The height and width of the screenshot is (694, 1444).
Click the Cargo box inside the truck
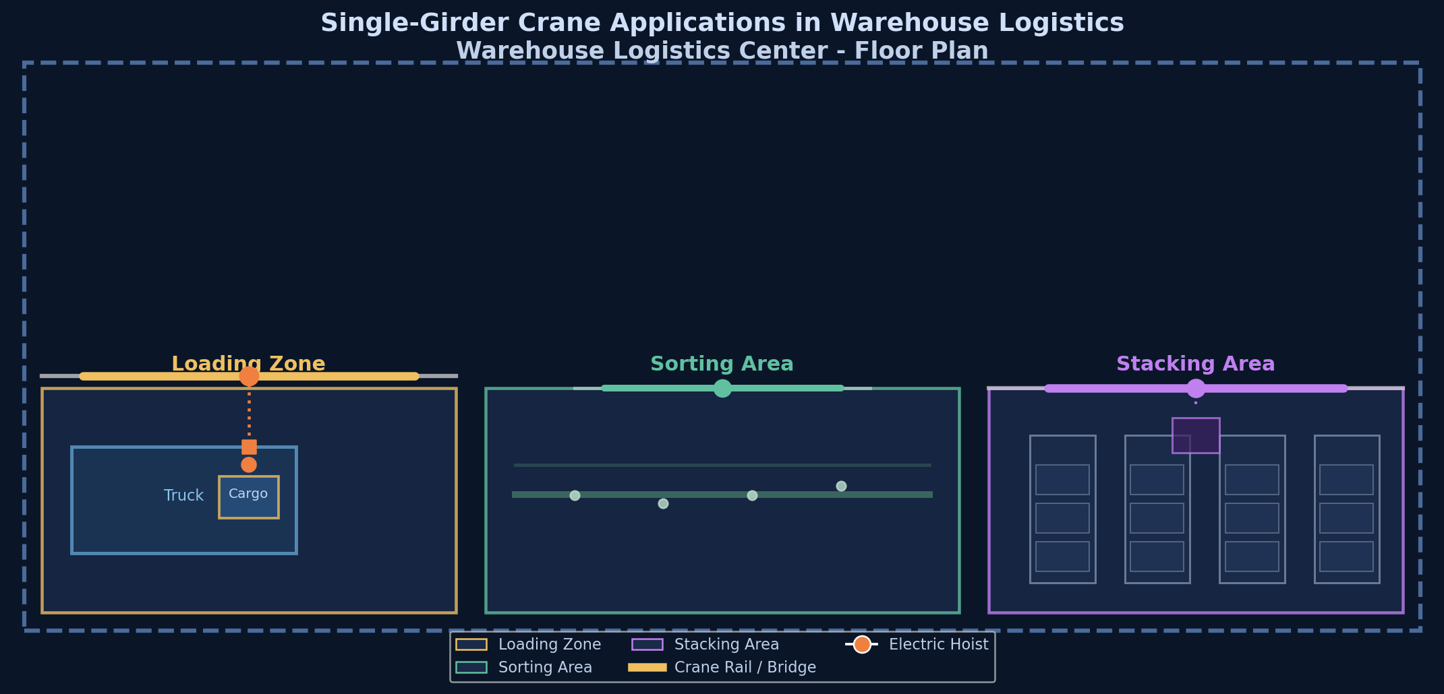(x=248, y=497)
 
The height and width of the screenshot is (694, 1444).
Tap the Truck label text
(x=183, y=496)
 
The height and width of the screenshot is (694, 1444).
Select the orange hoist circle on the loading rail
(x=249, y=376)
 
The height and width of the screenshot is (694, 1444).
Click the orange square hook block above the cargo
(x=249, y=447)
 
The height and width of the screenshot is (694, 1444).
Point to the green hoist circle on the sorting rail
(x=722, y=388)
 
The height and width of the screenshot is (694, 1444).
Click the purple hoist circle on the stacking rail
(x=1196, y=388)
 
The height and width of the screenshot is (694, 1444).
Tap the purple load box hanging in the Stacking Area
(x=1196, y=435)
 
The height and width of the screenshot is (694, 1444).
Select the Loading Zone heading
(x=248, y=364)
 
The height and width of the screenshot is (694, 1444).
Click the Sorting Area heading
(x=722, y=364)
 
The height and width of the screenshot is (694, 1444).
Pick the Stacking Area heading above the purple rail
(x=1196, y=364)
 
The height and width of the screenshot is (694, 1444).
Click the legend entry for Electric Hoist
(x=917, y=644)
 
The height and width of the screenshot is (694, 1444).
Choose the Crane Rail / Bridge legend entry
(x=722, y=667)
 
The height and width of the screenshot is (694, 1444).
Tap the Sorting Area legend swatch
(x=471, y=667)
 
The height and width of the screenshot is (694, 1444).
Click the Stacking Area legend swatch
(x=647, y=644)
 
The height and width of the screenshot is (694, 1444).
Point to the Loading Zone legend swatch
(x=471, y=644)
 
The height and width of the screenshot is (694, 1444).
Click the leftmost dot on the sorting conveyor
(x=575, y=495)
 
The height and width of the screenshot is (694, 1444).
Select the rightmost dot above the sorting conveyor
(x=841, y=486)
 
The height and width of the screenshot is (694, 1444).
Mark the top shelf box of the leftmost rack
(x=1062, y=480)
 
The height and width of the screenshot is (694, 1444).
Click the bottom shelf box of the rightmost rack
(x=1346, y=557)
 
